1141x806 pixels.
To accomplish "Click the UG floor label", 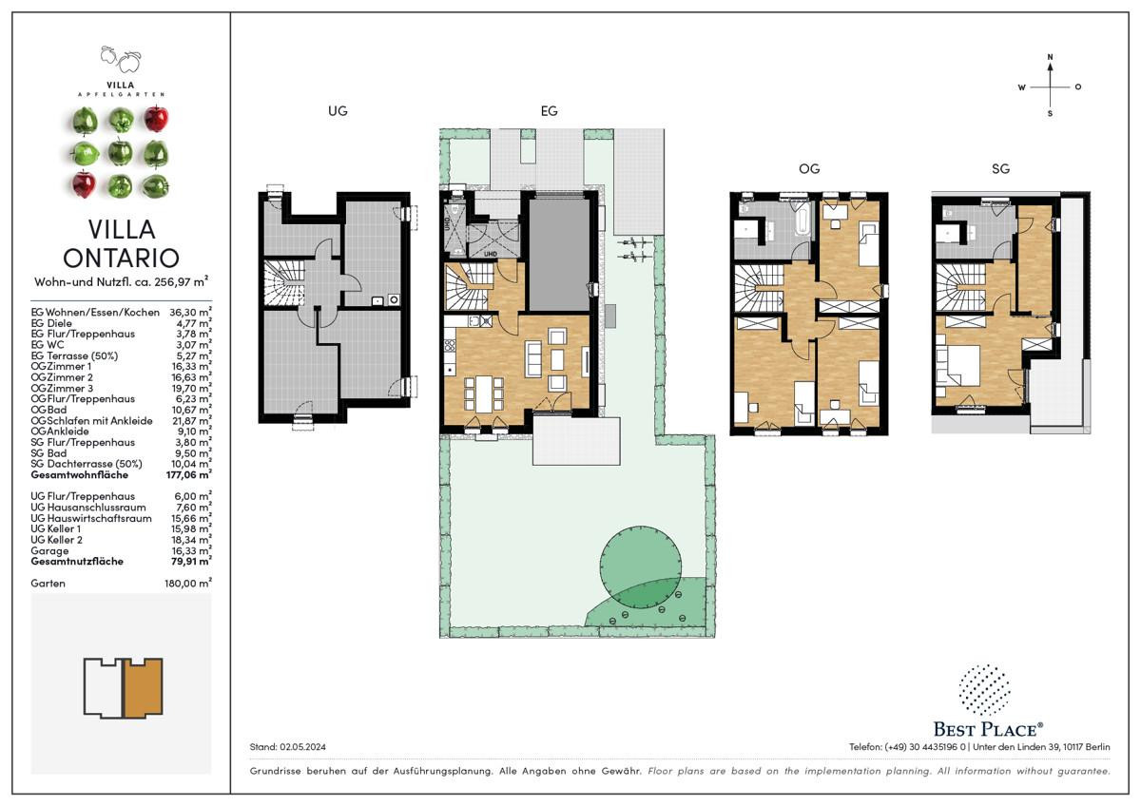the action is tap(338, 110).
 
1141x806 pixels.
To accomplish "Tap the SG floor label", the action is tap(1000, 168).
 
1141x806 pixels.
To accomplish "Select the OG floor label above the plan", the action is tap(809, 168).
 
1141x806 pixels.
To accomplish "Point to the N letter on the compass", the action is tap(1050, 57).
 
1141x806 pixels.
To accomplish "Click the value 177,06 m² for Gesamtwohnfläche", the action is tap(188, 474).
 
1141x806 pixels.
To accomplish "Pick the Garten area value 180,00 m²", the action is tap(188, 583).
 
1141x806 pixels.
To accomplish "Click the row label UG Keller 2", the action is tap(56, 540).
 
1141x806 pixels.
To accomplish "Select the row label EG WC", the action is tap(48, 345).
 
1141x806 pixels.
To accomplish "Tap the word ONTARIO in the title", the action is tap(122, 258).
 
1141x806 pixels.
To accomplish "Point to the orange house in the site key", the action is tap(144, 687).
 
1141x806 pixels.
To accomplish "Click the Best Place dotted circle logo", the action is tap(985, 690).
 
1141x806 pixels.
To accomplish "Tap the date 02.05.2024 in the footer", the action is tap(302, 747).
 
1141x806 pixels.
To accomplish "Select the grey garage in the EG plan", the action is tap(559, 255).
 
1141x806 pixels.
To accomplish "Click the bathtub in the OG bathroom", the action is tap(803, 221).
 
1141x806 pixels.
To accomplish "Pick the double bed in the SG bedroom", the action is tap(958, 366).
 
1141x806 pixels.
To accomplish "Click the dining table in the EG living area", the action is tap(484, 393).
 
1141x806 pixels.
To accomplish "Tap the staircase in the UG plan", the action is tap(283, 283).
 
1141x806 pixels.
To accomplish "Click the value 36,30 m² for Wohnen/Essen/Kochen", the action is tap(190, 312).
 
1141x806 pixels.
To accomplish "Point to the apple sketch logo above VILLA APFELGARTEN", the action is tap(121, 59).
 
